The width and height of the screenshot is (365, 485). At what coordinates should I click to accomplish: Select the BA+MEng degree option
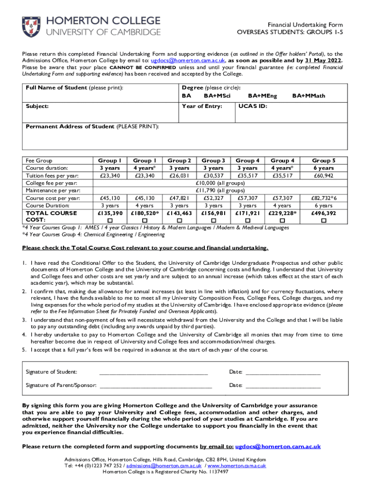pos(262,96)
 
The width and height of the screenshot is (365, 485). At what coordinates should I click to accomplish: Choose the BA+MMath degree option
pos(309,96)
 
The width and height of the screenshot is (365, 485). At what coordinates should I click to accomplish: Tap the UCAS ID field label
pos(253,106)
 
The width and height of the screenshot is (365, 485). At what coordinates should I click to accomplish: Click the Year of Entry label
pos(202,106)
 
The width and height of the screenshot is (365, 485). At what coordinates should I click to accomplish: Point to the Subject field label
pos(37,106)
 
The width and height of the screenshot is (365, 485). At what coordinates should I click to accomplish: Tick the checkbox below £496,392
pos(324,221)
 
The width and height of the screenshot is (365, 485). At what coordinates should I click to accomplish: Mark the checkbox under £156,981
pos(213,221)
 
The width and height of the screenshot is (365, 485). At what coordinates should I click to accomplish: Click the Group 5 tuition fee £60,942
pos(324,176)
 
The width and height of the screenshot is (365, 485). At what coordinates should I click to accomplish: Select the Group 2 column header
pos(179,161)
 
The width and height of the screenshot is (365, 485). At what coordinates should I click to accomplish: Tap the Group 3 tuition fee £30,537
pos(213,176)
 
